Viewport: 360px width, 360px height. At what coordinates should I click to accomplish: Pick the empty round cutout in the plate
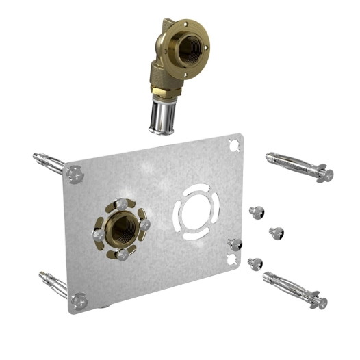[x=196, y=205]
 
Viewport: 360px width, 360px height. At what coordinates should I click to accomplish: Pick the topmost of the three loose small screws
[x=259, y=212]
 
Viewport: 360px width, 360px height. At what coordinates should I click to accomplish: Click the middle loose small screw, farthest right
[x=277, y=233]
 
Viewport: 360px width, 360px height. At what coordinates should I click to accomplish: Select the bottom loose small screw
[x=256, y=263]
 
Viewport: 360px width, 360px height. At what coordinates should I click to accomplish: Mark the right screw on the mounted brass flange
[x=144, y=224]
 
